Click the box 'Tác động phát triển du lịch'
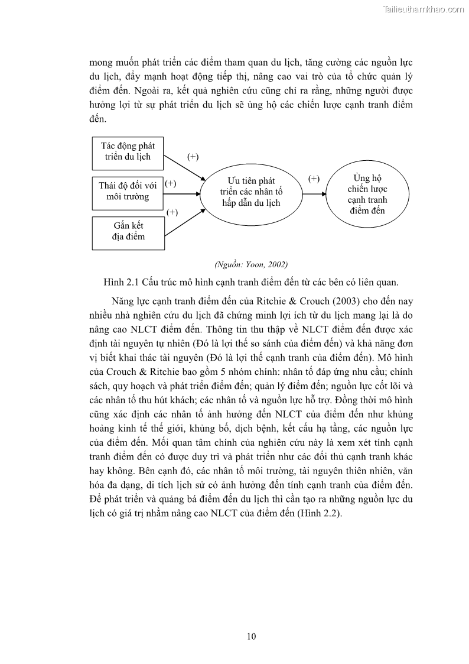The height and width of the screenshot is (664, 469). (128, 152)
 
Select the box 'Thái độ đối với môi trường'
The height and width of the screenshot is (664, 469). (128, 192)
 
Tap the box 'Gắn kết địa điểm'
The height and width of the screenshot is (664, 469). (128, 232)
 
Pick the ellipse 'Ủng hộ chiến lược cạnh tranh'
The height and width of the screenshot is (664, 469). (366, 193)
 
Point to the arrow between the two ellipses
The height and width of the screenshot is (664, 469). (314, 193)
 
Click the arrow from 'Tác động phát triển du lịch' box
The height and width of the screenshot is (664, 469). (184, 168)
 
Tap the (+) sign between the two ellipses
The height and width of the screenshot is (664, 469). (314, 179)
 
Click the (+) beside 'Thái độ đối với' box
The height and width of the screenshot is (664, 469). (171, 183)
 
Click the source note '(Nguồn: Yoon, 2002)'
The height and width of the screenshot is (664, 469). (251, 264)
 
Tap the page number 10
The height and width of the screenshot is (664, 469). (251, 636)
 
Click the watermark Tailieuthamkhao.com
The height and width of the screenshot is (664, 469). (424, 9)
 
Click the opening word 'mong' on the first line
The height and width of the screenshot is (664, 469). (100, 62)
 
